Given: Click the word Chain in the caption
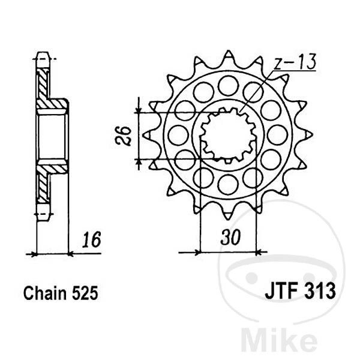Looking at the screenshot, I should point(44,295).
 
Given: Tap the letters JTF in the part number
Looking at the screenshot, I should point(280,295).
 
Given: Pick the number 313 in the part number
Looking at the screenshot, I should point(320,295).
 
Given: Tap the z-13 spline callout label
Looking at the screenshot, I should point(296,62).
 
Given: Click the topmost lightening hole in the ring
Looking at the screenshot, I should point(228,86).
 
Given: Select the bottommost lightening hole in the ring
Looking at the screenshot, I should point(228,184).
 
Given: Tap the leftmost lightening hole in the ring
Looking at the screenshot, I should point(178,135).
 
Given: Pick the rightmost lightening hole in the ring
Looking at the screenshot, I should point(277,135).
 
